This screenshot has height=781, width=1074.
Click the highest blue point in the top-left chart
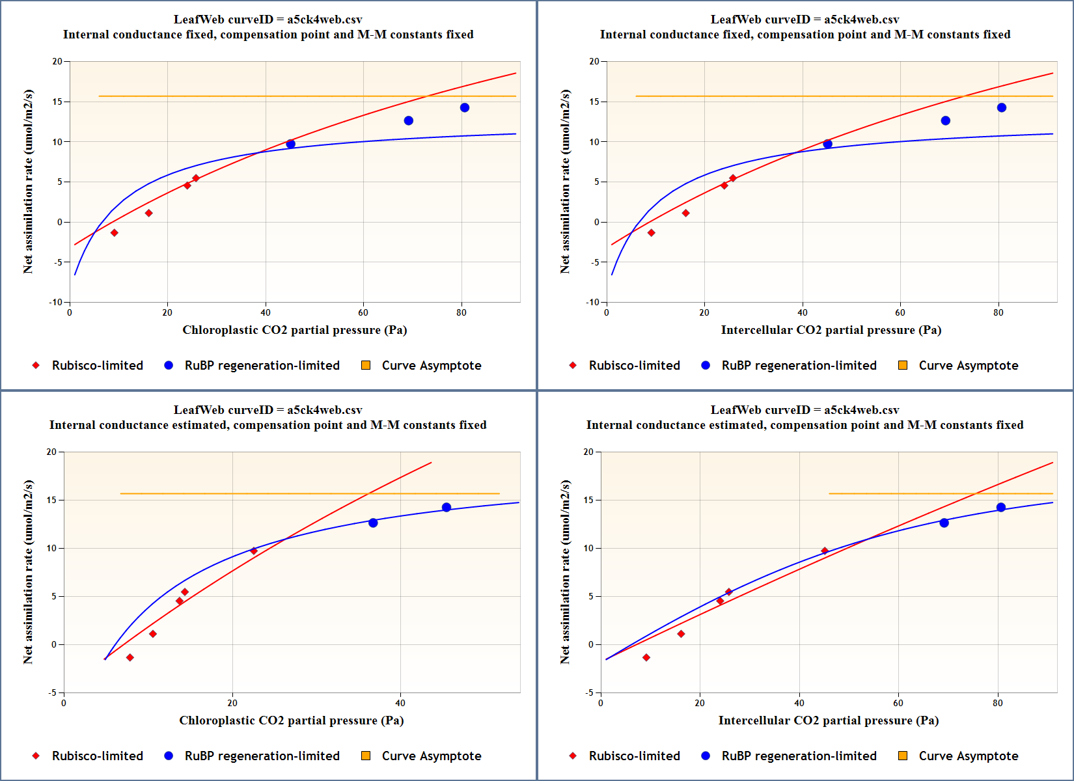click(464, 107)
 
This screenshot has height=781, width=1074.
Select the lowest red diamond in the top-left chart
click(115, 233)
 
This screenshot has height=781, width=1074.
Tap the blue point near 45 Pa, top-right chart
click(827, 144)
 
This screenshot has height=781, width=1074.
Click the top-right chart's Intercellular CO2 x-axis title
click(831, 330)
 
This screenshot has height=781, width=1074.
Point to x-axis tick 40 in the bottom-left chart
click(400, 703)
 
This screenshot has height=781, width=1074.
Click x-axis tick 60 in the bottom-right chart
click(898, 703)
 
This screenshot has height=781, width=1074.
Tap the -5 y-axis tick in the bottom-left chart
click(52, 692)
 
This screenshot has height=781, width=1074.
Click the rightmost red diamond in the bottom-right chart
click(825, 551)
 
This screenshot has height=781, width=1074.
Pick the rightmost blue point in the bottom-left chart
click(447, 508)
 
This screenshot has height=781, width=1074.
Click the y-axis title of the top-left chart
click(28, 182)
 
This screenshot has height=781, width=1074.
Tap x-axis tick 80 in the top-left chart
click(461, 312)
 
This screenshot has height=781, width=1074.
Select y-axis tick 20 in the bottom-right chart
click(588, 452)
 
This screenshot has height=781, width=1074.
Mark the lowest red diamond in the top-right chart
click(652, 233)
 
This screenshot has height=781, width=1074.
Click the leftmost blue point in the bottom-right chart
click(944, 523)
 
